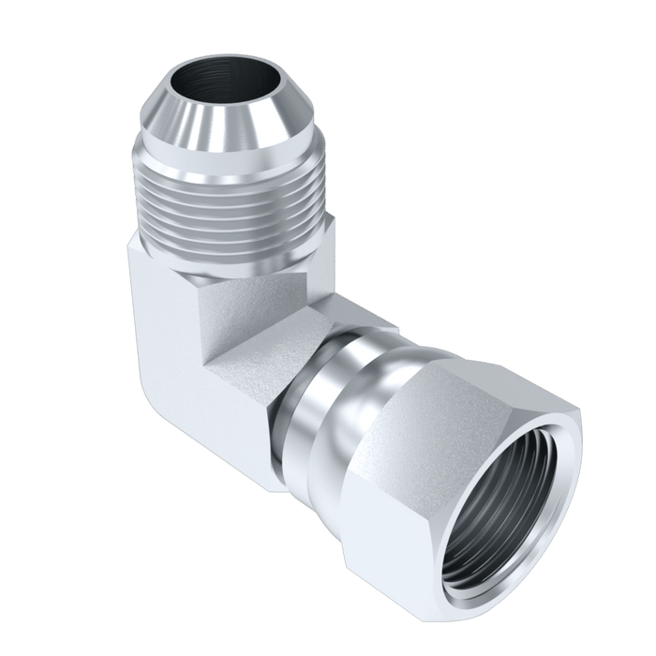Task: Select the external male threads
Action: tap(234, 201)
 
